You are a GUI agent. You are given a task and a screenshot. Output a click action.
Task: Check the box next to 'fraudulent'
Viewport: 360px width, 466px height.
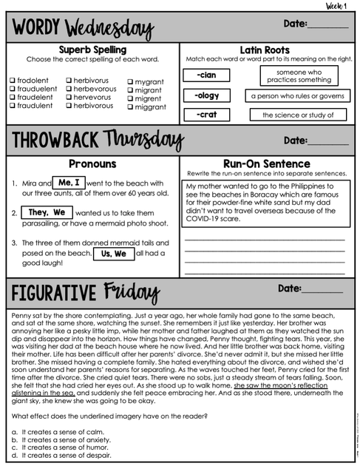(13, 106)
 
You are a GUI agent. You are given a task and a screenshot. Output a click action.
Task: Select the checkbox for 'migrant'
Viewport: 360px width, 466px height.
(131, 90)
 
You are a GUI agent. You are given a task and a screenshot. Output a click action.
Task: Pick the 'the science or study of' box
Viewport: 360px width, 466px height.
(299, 115)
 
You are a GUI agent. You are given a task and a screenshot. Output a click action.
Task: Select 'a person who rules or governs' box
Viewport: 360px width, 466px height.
(297, 96)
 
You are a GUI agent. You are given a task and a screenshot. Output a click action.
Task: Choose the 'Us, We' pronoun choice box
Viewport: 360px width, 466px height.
(113, 253)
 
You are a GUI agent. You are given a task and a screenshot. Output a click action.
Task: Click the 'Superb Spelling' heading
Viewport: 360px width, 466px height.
(92, 49)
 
